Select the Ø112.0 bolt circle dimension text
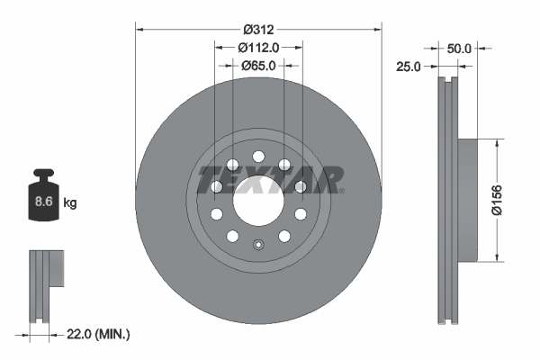coord(258,47)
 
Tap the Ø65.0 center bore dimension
coord(258,65)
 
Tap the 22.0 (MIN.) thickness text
coord(99,335)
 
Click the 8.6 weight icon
coord(42,198)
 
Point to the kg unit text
coord(70,203)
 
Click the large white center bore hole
coord(258,200)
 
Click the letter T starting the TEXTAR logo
coord(208,179)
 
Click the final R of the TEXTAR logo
coord(329,179)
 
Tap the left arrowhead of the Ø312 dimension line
coord(139,29)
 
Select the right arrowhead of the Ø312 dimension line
coord(379,29)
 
